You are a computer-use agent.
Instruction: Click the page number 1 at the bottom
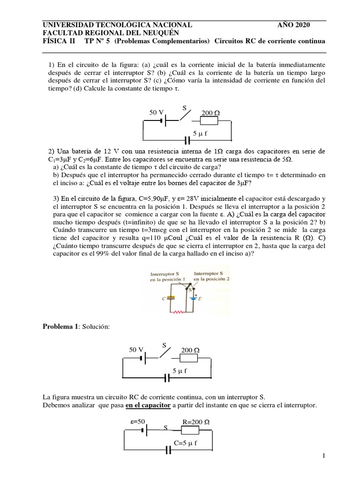[x=323, y=456]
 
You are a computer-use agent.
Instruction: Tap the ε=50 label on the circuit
[x=139, y=421]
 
